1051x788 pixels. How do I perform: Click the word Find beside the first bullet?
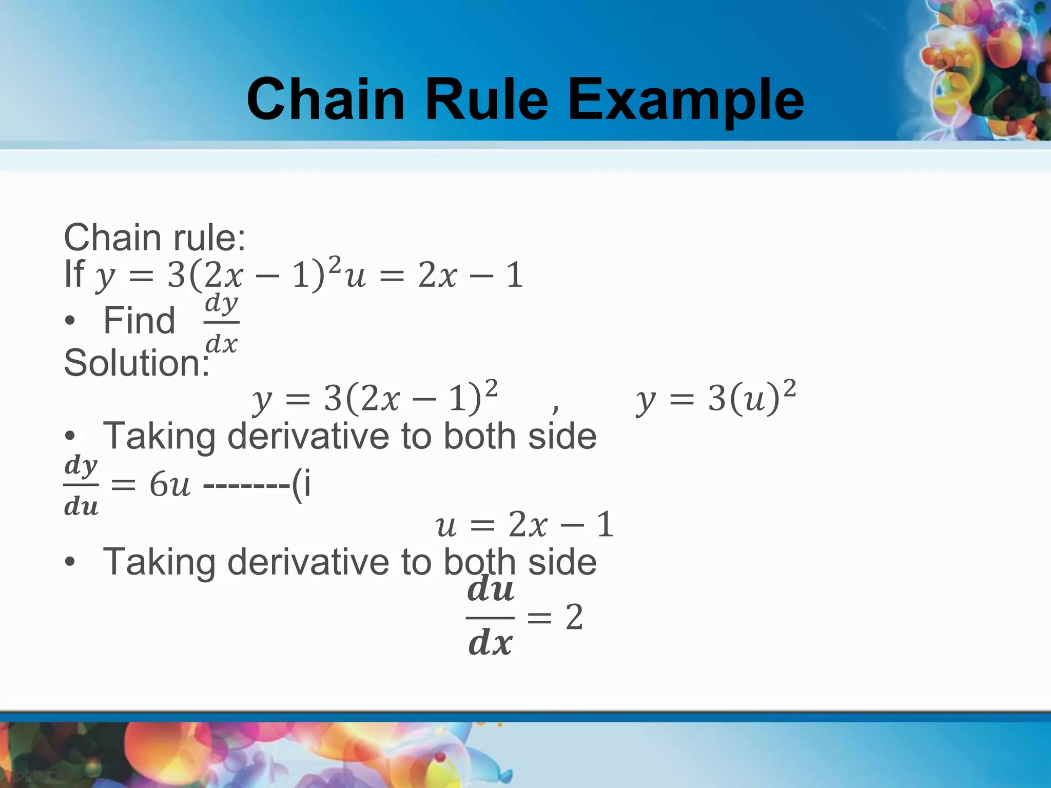pyautogui.click(x=139, y=321)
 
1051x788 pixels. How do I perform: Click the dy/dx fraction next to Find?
pyautogui.click(x=222, y=323)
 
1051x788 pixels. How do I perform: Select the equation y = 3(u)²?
pyautogui.click(x=716, y=398)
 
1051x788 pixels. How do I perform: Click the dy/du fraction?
pyautogui.click(x=81, y=485)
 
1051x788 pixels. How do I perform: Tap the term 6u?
pyautogui.click(x=170, y=485)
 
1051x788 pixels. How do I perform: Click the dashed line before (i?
pyautogui.click(x=247, y=485)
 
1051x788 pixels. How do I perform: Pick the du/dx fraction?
pyautogui.click(x=490, y=618)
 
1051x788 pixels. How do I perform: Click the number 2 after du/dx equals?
pyautogui.click(x=574, y=617)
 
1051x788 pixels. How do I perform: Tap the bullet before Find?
pyautogui.click(x=70, y=322)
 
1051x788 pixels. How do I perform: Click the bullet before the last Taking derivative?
pyautogui.click(x=70, y=562)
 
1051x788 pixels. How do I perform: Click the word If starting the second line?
pyautogui.click(x=73, y=274)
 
